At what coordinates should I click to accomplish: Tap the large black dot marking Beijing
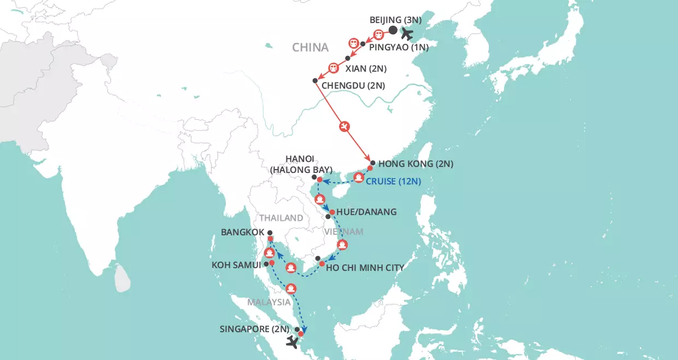click(393, 31)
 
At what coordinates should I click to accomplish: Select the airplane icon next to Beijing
click(407, 33)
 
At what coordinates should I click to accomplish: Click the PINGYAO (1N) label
click(399, 48)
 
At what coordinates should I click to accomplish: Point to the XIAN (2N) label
click(366, 69)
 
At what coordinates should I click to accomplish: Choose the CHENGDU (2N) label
click(353, 85)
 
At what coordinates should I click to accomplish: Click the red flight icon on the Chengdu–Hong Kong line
click(344, 126)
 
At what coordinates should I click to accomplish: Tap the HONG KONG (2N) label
click(416, 164)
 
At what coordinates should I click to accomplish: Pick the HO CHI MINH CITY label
click(365, 268)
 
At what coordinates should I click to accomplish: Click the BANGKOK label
click(243, 232)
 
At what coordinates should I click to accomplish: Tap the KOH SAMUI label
click(236, 265)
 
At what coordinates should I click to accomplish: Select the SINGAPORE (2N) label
click(254, 329)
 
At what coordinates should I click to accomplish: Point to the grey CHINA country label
click(311, 48)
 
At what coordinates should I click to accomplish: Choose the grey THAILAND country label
click(282, 218)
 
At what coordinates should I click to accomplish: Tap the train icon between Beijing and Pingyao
click(378, 34)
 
